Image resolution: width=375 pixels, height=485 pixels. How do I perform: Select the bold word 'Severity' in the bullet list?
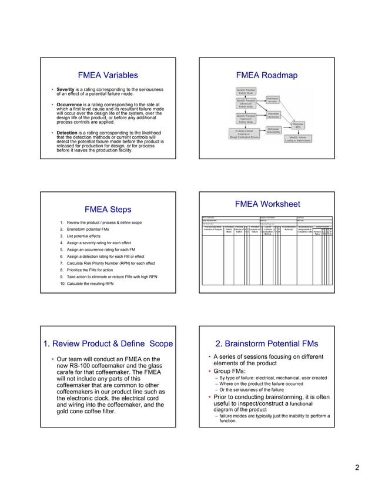click(65, 89)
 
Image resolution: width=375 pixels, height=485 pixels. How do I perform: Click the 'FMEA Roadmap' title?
click(266, 75)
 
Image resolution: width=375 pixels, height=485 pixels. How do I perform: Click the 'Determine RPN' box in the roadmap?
click(298, 125)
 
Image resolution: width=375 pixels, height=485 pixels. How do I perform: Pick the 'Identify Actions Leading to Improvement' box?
click(298, 139)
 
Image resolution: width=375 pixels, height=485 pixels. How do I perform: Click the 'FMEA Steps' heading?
click(108, 210)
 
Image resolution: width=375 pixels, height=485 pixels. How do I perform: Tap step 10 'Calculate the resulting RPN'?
click(89, 283)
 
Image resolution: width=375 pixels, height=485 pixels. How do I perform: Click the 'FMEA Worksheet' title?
click(267, 204)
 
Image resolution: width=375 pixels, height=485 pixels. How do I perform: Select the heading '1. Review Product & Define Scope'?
click(108, 343)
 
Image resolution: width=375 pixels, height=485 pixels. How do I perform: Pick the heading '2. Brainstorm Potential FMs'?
click(266, 343)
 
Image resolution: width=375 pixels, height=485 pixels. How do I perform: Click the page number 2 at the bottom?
click(356, 468)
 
